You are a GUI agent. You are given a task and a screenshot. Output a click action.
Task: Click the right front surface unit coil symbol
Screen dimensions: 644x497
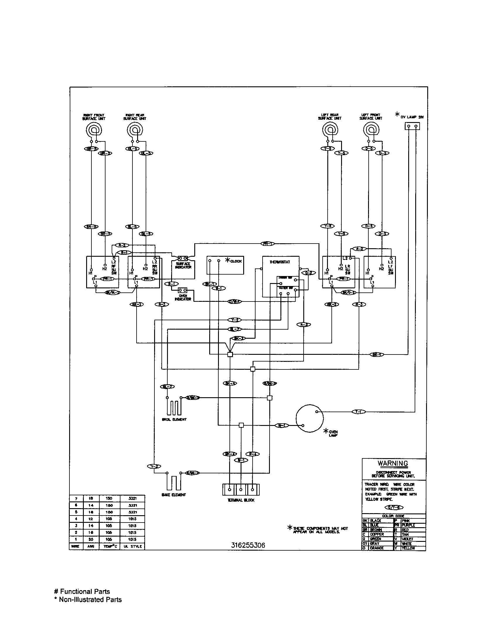click(94, 130)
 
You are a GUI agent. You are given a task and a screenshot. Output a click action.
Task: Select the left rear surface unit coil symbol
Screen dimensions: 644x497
click(330, 130)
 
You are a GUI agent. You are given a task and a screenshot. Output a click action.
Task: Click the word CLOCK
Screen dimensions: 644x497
click(236, 261)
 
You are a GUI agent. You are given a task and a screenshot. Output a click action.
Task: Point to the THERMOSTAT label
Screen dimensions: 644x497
click(280, 262)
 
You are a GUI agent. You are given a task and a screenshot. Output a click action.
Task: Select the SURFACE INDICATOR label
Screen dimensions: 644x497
click(183, 266)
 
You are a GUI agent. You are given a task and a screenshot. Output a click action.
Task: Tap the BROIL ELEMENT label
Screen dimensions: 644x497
click(174, 419)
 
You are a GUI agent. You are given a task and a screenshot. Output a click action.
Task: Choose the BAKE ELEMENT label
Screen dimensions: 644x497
click(173, 495)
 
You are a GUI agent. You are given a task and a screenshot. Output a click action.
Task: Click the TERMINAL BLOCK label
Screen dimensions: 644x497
click(241, 500)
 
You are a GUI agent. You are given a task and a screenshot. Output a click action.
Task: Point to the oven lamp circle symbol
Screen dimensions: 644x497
click(309, 418)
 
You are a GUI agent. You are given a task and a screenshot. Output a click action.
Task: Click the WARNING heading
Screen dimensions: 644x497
click(393, 463)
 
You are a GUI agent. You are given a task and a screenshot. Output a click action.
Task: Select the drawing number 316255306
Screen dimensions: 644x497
click(248, 545)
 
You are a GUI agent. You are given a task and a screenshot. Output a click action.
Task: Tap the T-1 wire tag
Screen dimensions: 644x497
click(359, 412)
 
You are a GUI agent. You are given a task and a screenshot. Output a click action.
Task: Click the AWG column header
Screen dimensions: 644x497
click(91, 547)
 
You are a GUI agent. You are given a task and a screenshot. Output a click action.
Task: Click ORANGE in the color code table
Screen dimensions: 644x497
click(377, 548)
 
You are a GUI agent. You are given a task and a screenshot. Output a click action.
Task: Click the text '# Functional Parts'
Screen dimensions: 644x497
click(82, 592)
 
